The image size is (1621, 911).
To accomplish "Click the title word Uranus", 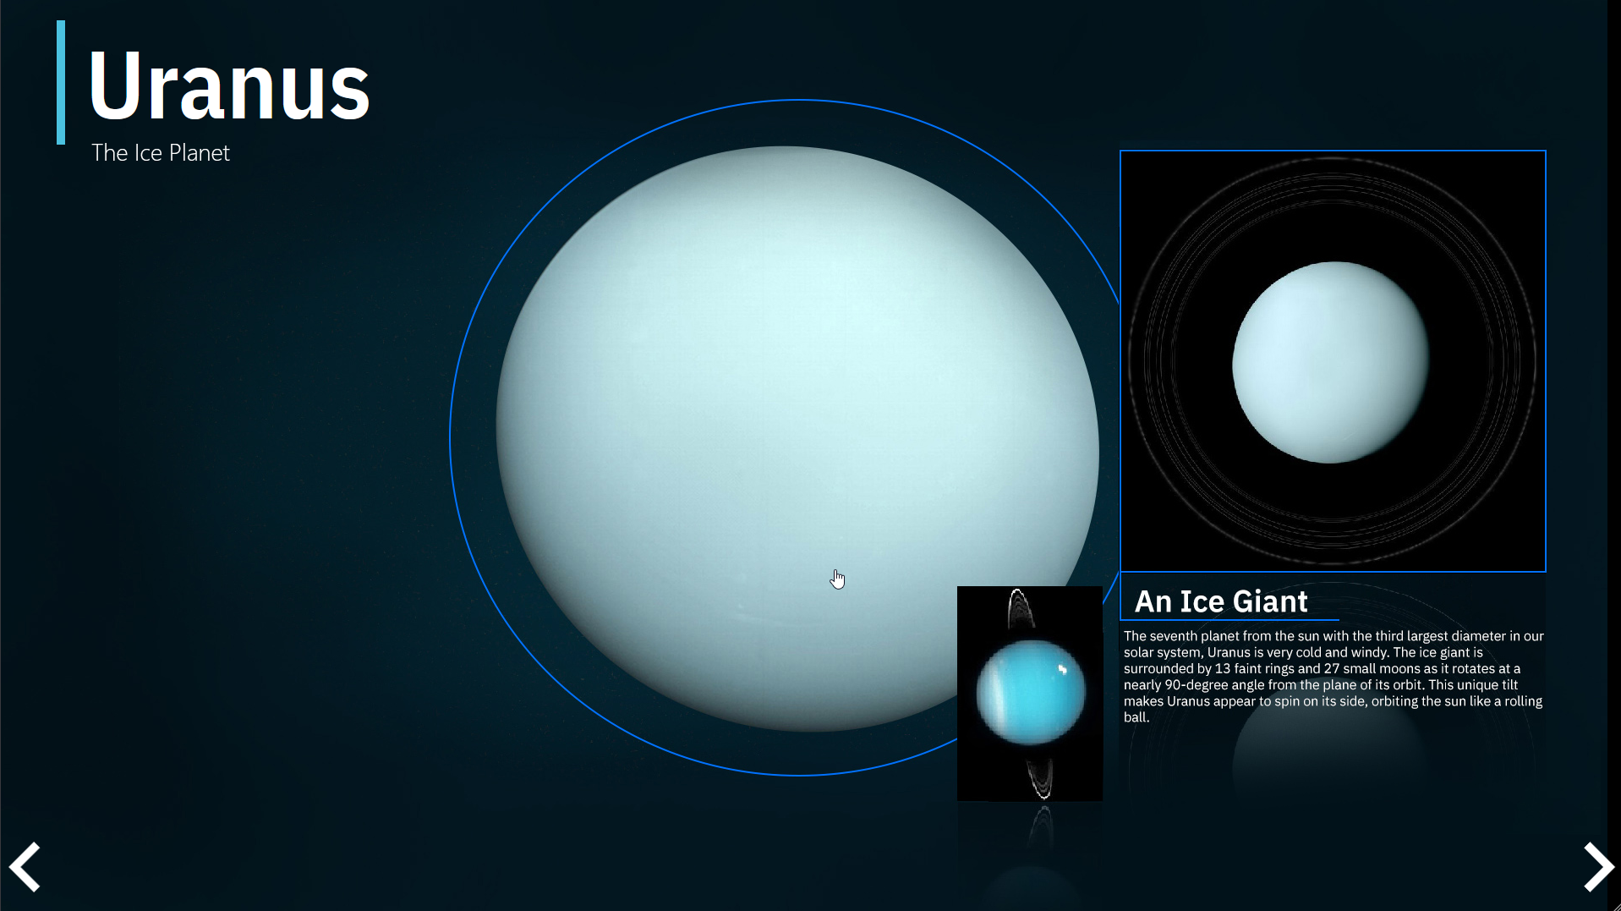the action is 228,85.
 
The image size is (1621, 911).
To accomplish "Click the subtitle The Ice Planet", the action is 161,153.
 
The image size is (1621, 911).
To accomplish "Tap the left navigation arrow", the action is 25,866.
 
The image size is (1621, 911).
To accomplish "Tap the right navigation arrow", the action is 1598,866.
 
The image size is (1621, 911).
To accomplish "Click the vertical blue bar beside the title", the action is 61,82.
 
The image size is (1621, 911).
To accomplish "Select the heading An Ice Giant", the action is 1221,601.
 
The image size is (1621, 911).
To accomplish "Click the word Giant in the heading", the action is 1270,601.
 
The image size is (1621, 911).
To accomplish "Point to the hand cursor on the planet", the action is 837,579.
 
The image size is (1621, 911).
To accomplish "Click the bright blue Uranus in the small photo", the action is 1031,692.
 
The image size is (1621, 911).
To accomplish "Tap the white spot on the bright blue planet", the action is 1063,670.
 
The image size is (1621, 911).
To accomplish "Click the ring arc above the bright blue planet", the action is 1020,607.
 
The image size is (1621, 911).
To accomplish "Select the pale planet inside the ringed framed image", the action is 1331,362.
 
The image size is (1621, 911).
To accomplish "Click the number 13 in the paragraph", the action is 1223,668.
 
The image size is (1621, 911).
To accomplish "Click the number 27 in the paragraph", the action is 1332,668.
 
